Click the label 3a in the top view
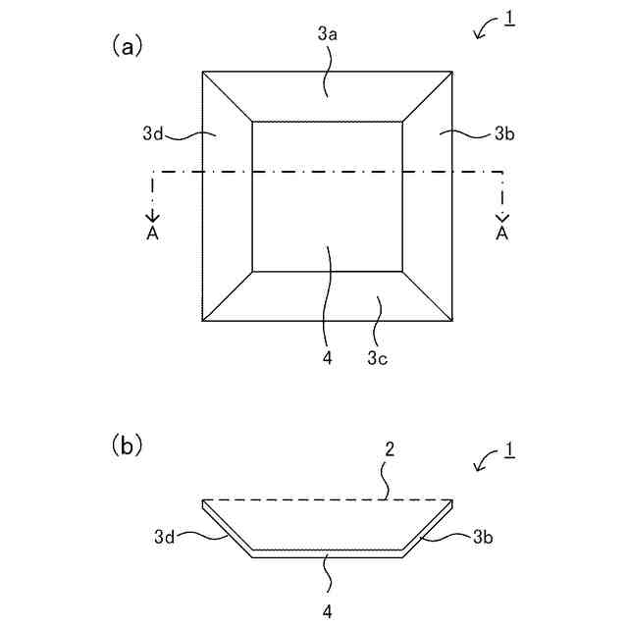[328, 33]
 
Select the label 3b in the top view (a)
[503, 133]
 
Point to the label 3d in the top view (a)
[151, 133]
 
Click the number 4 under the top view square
[328, 358]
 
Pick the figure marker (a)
[129, 45]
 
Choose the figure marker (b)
[129, 446]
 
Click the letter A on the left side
[152, 234]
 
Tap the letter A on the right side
[502, 234]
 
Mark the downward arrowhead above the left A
[152, 216]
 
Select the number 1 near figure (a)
[509, 21]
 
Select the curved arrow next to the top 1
[484, 32]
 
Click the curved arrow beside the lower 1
[484, 463]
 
